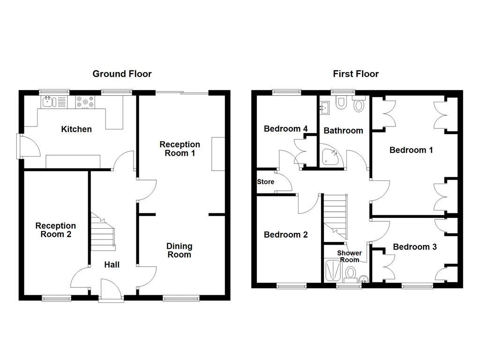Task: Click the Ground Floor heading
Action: tap(122, 74)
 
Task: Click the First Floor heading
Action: tap(356, 74)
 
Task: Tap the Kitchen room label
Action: tap(76, 129)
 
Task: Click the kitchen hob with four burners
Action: tap(85, 102)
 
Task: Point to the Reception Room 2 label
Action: tap(55, 230)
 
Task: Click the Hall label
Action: tap(112, 265)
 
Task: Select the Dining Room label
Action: tap(179, 250)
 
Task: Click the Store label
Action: tap(265, 182)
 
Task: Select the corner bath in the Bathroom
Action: tap(332, 158)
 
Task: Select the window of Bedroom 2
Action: tap(291, 285)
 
